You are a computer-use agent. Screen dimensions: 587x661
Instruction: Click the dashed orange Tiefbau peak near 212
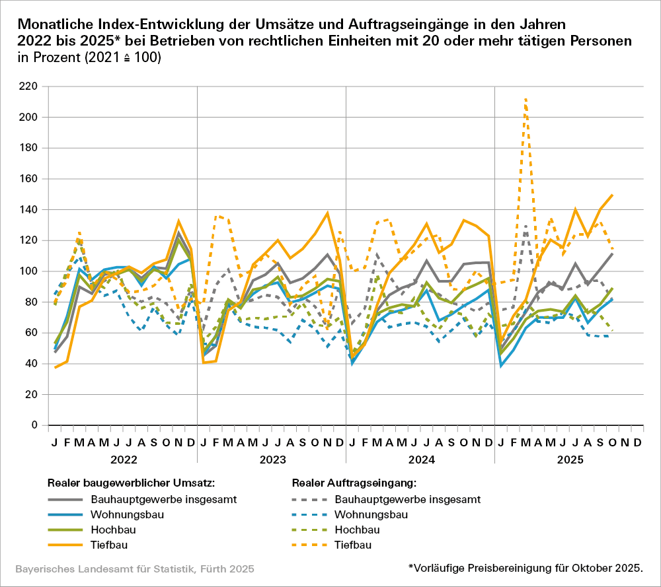pyautogui.click(x=525, y=99)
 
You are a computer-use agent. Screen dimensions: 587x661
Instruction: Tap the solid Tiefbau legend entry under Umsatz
pyautogui.click(x=109, y=545)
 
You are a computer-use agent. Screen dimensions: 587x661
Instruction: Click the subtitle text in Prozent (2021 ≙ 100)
pyautogui.click(x=89, y=57)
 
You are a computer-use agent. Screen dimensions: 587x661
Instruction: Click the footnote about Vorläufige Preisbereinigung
pyautogui.click(x=525, y=568)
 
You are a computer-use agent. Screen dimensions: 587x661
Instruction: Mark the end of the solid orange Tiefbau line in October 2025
pyautogui.click(x=613, y=195)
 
